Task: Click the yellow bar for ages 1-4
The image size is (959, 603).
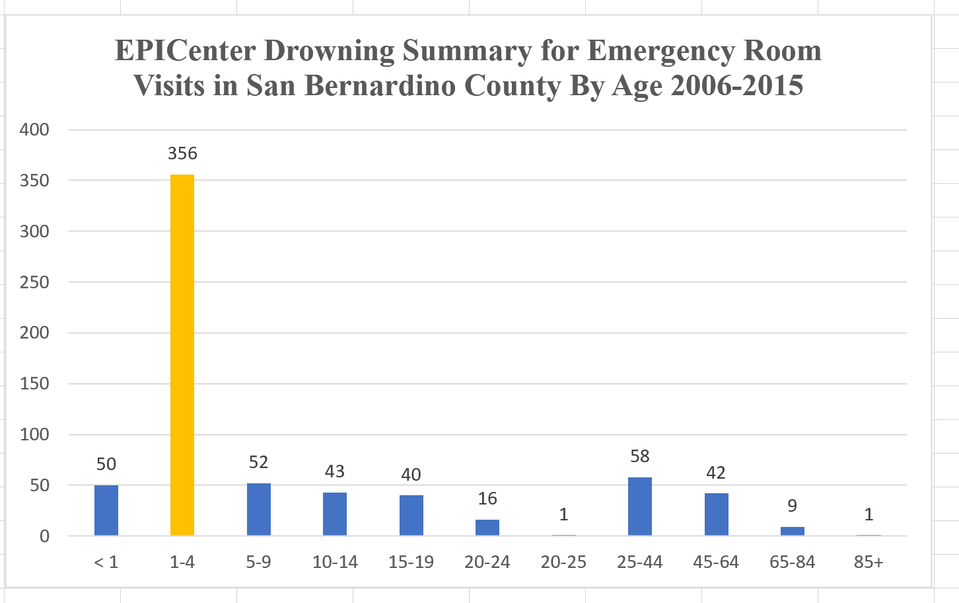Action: (182, 354)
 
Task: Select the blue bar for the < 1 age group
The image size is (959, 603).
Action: (106, 510)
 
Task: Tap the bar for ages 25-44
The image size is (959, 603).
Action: (639, 506)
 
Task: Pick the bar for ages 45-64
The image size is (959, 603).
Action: (716, 514)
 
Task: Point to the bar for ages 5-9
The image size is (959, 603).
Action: (258, 509)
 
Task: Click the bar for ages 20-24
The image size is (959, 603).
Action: (487, 527)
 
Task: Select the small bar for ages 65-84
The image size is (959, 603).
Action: (792, 531)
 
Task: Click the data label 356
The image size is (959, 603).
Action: (182, 153)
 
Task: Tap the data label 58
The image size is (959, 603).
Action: (639, 456)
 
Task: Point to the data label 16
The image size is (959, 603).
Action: (487, 499)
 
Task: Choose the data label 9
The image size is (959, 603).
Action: (792, 506)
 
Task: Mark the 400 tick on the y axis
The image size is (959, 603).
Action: (34, 130)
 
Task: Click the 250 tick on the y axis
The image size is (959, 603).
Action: (34, 282)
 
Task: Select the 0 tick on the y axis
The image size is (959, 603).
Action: (44, 536)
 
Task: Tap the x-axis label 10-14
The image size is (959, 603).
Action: (335, 562)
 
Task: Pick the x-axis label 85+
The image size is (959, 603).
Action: (868, 562)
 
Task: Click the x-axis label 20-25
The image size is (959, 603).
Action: (563, 562)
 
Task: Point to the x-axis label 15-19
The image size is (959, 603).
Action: (411, 562)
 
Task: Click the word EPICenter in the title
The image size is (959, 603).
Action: (188, 51)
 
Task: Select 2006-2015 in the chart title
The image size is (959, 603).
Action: (736, 86)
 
